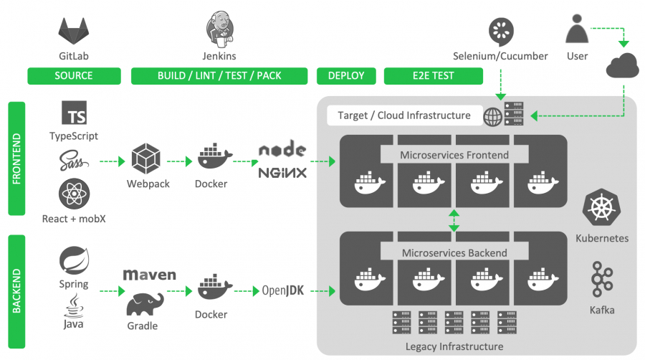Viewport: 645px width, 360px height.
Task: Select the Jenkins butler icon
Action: point(219,29)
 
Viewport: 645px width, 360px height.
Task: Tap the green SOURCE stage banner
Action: point(74,75)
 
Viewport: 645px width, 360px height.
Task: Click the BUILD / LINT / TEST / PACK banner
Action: point(219,75)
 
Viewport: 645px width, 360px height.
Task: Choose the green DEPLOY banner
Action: point(346,75)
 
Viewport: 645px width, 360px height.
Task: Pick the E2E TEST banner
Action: point(433,75)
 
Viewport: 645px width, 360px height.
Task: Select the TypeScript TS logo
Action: point(75,114)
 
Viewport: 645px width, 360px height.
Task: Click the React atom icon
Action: point(74,194)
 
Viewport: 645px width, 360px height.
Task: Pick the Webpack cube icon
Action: point(148,160)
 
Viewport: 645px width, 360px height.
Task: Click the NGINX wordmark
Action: point(282,173)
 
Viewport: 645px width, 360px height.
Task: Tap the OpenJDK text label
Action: point(283,290)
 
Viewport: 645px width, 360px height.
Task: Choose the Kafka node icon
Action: point(601,280)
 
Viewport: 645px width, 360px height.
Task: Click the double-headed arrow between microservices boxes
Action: point(453,219)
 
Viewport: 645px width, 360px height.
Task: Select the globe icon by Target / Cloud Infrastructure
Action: point(493,116)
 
